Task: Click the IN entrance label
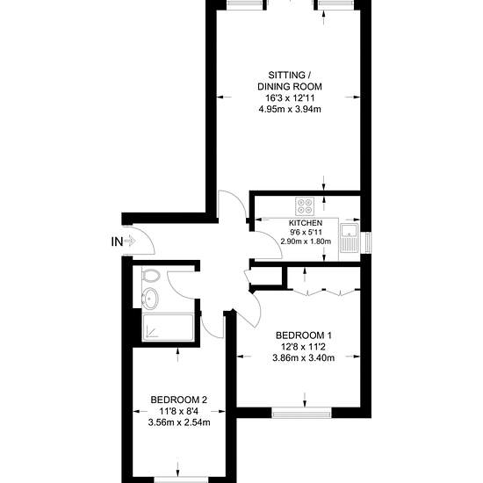117,241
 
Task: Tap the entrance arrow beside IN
130,241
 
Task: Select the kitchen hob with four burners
305,206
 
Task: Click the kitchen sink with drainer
349,238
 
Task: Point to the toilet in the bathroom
151,276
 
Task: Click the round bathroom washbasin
150,298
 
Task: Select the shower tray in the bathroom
168,328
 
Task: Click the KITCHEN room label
306,223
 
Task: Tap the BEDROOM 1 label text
304,335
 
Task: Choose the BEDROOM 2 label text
178,400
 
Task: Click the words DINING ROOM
290,87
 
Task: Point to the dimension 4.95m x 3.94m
290,110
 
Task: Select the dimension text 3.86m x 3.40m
304,358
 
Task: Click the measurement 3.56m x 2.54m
179,422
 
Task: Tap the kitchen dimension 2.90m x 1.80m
306,241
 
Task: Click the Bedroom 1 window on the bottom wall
302,413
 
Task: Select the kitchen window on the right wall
368,242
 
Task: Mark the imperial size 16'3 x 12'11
290,98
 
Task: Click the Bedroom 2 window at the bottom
181,479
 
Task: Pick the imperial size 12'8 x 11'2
303,347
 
